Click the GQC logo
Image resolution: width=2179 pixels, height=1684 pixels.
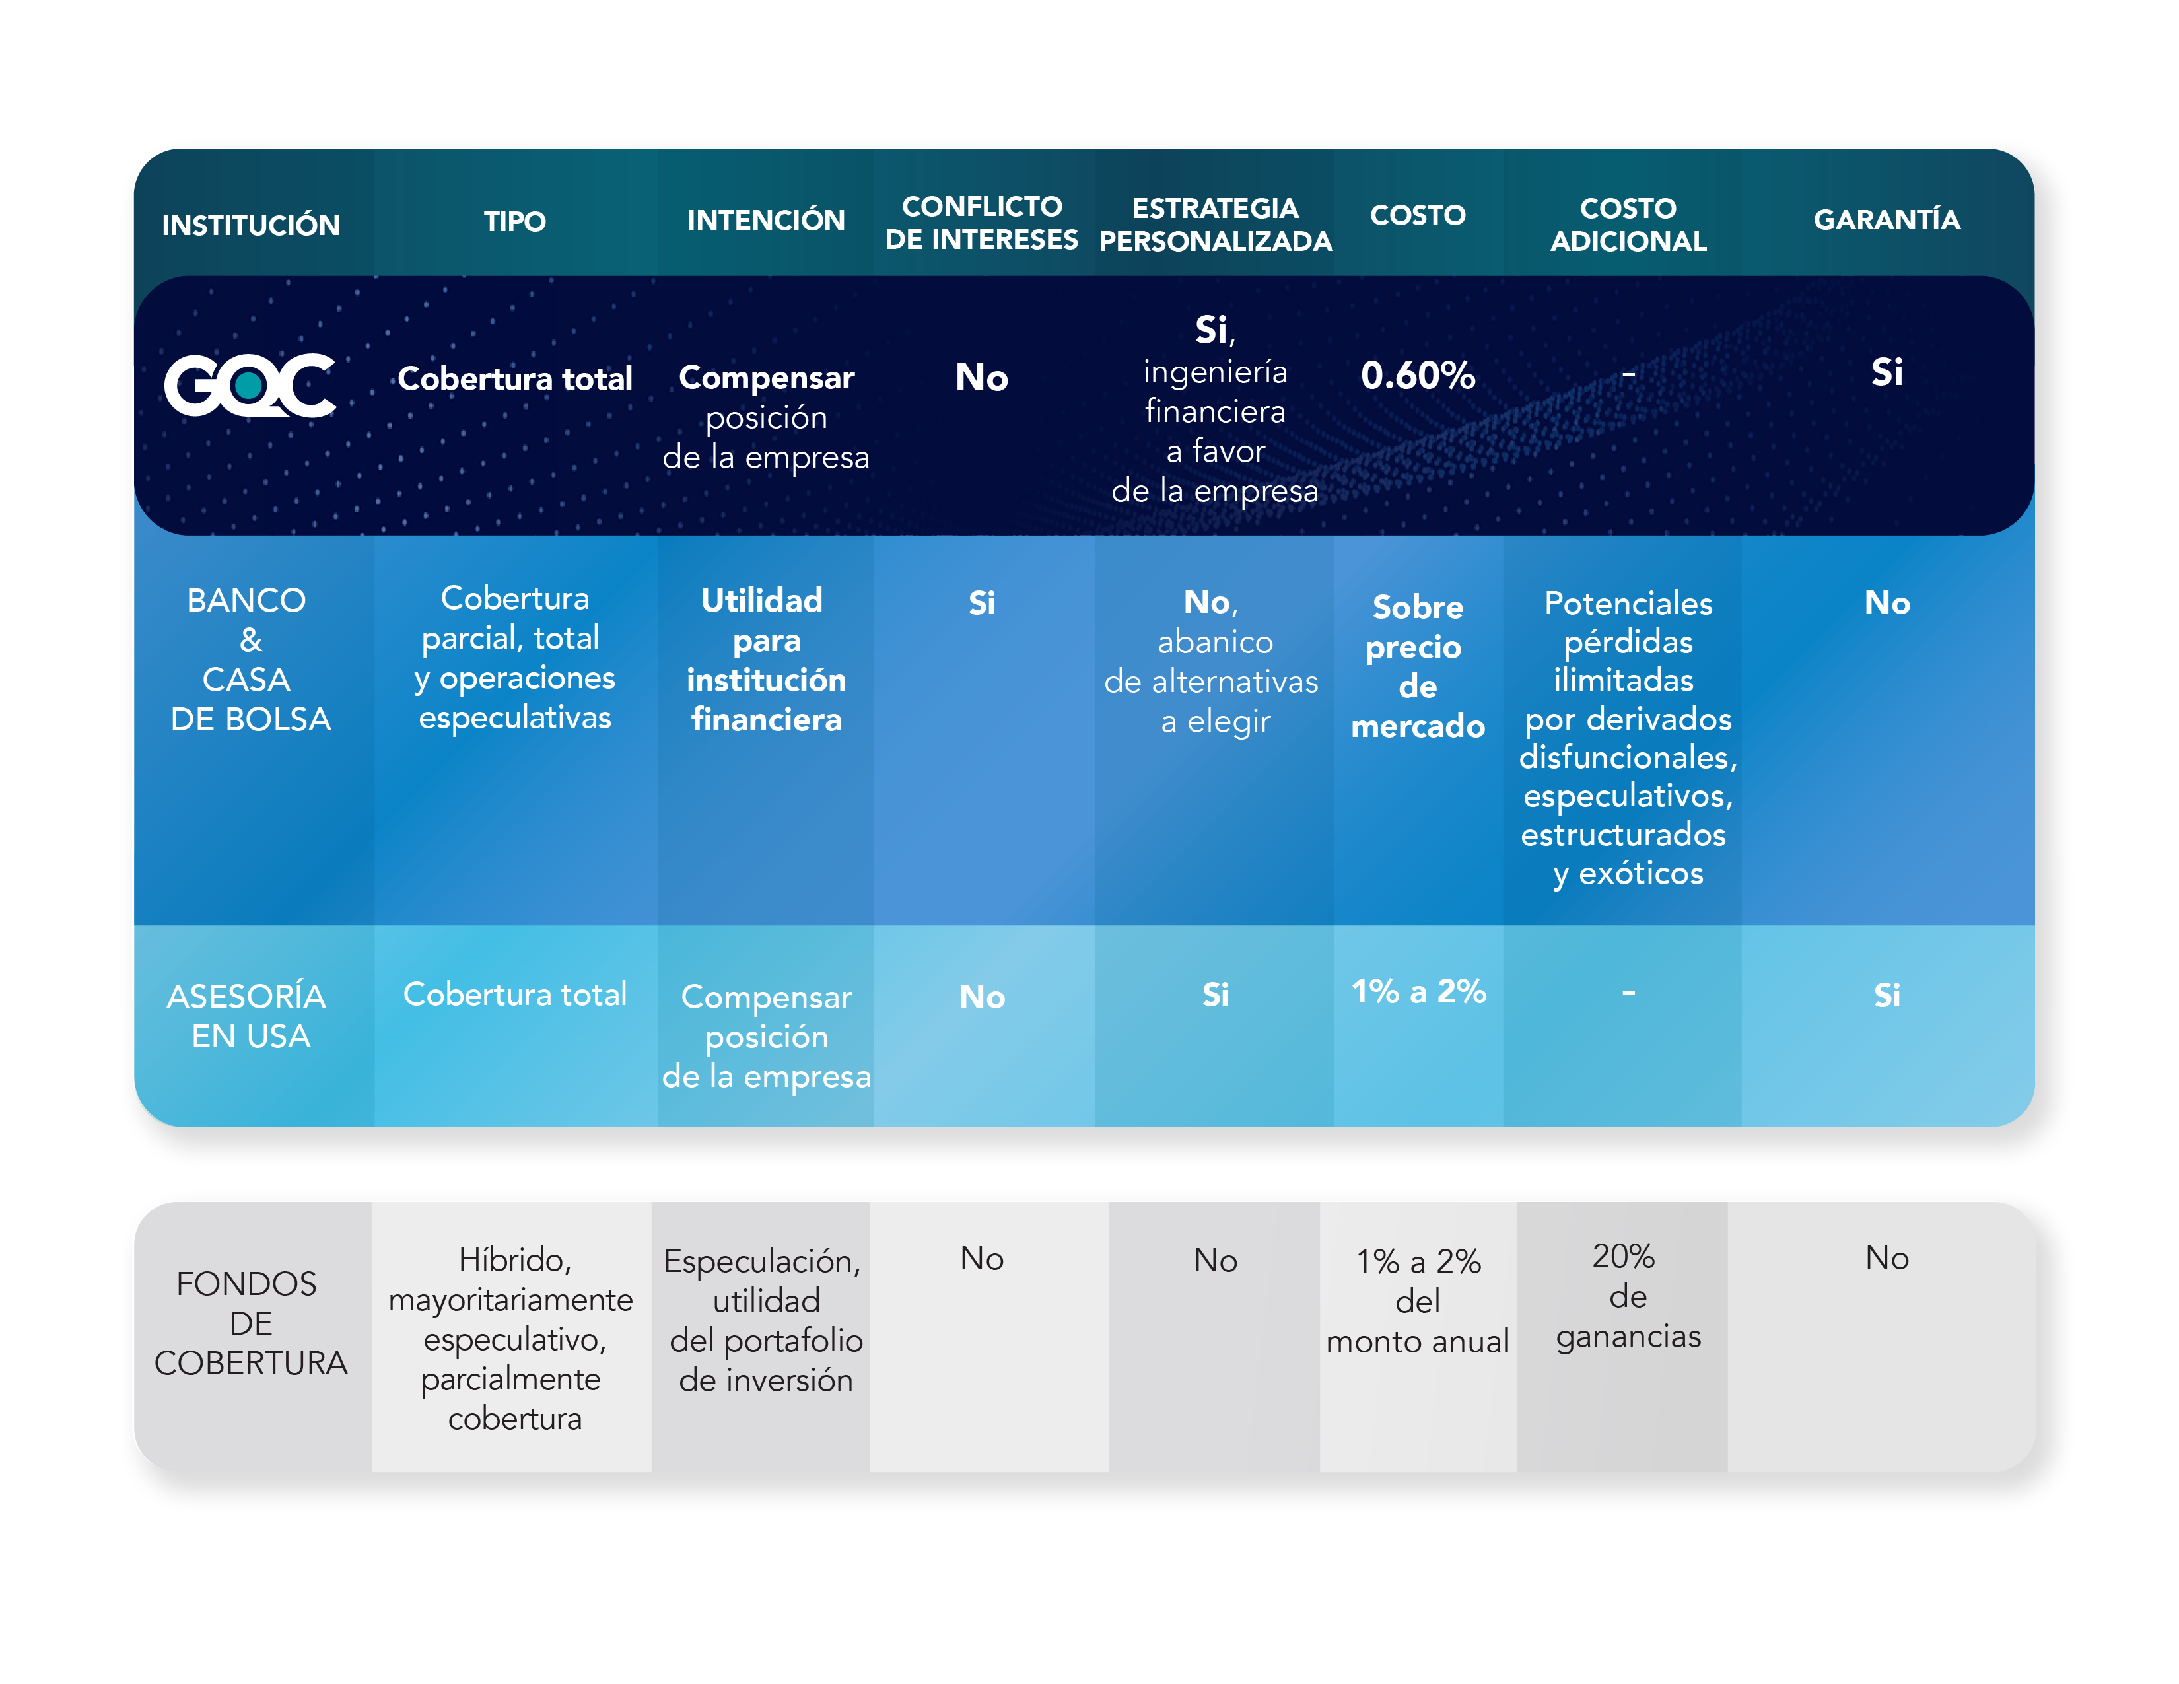tap(250, 384)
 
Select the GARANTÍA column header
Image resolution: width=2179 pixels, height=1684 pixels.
tap(1886, 219)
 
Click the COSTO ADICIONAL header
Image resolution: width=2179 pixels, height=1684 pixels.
tap(1628, 225)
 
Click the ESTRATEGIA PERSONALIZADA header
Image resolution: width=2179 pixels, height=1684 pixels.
tap(1215, 225)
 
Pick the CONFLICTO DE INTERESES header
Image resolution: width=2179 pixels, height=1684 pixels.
tap(982, 223)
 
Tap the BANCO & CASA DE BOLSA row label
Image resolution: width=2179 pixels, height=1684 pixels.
tap(250, 660)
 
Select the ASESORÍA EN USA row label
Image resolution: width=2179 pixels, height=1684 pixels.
tap(248, 1016)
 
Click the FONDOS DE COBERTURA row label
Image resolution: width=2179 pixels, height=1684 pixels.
tap(250, 1323)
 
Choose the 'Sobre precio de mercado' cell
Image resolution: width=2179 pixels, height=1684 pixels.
tap(1418, 666)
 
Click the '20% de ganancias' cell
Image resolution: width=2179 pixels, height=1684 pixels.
tap(1628, 1295)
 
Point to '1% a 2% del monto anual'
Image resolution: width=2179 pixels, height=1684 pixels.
tap(1418, 1301)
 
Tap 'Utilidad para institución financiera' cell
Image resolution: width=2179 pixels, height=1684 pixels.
tap(766, 660)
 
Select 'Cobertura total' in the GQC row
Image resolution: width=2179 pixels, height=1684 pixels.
tap(515, 378)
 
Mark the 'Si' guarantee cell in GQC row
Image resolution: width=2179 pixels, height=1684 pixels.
tap(1886, 372)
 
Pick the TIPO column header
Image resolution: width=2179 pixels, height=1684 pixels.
tap(515, 221)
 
